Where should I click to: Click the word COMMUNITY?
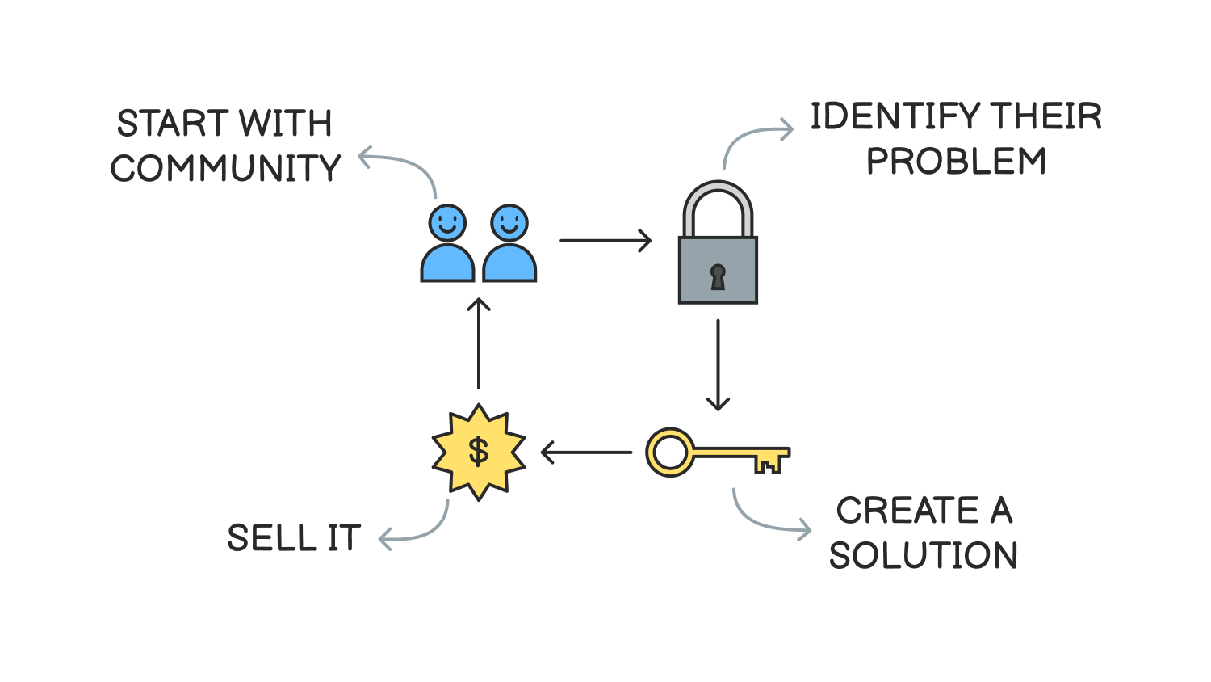click(225, 169)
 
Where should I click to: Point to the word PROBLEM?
click(956, 162)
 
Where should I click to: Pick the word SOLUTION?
click(923, 556)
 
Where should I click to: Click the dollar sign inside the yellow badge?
click(479, 451)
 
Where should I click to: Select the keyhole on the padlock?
click(718, 276)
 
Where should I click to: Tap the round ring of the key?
click(669, 453)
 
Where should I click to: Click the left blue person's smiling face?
click(447, 222)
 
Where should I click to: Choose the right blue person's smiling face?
click(509, 222)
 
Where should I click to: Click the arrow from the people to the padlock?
click(605, 240)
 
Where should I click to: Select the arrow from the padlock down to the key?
click(718, 364)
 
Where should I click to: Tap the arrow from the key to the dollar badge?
click(586, 453)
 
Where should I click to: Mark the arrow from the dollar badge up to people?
click(479, 343)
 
